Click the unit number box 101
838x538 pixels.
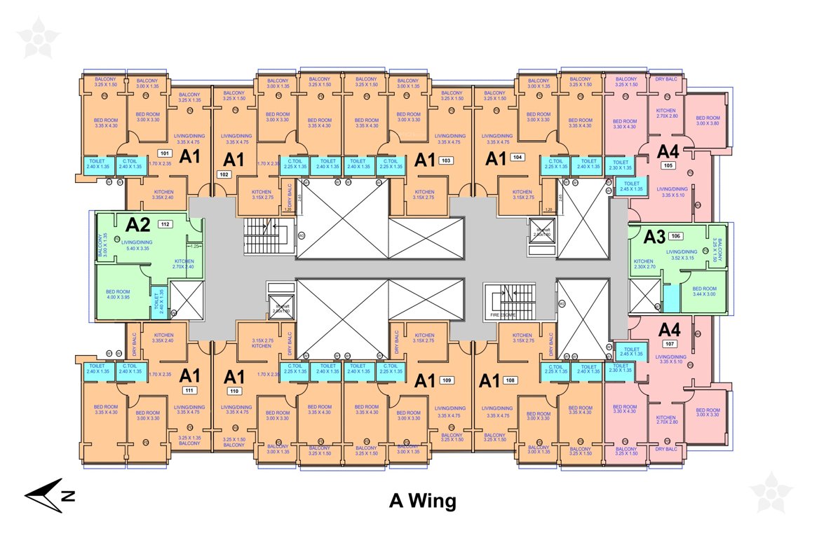165,152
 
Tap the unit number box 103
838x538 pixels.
445,160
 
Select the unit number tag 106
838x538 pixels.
676,236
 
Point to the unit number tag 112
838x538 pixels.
165,224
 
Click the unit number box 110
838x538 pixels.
235,390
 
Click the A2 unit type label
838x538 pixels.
138,225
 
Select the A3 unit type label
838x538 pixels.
654,237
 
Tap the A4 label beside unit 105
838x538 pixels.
668,151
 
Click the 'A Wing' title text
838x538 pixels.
422,502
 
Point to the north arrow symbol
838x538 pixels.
49,495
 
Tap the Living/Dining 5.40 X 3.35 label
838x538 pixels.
136,245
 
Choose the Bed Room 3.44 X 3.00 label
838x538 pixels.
704,292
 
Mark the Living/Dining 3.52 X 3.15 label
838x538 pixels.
682,255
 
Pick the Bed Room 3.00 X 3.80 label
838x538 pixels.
708,120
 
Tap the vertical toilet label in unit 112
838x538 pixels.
158,302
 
